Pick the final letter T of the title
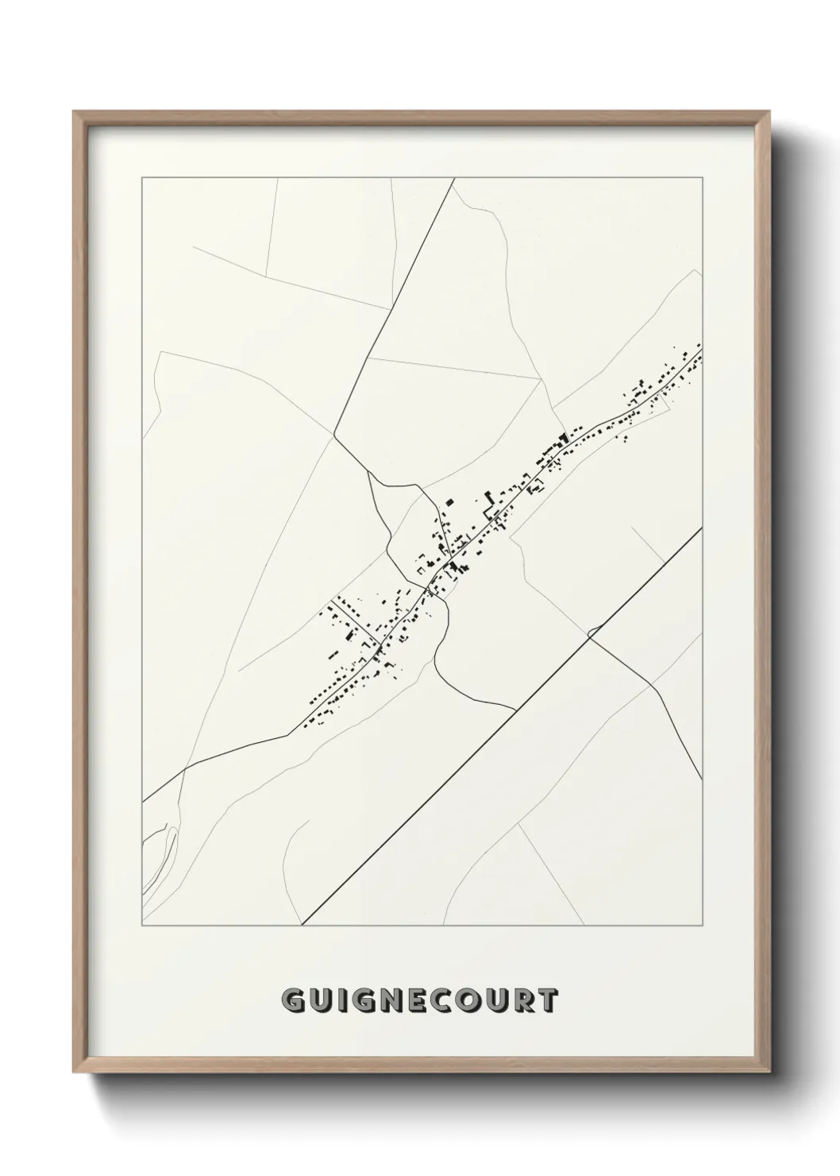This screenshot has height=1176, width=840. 549,1001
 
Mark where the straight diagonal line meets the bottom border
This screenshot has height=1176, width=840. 302,926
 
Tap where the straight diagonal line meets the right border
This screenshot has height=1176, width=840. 702,528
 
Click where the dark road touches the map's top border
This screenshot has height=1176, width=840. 453,179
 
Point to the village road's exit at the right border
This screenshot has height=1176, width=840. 702,347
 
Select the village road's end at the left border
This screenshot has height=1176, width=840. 142,802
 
